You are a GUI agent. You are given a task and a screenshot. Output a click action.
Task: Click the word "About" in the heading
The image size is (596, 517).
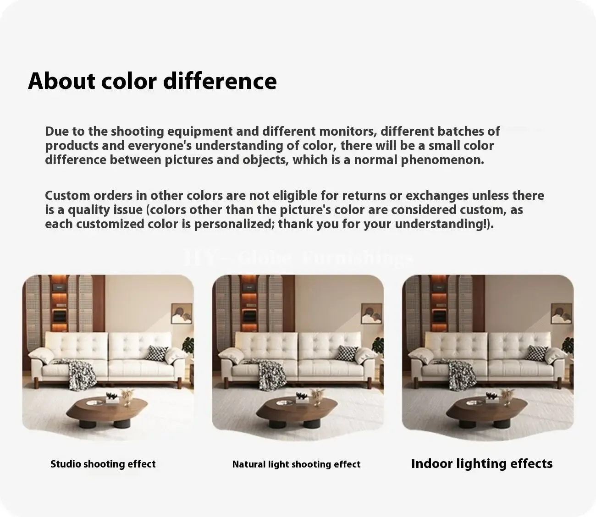[61, 81]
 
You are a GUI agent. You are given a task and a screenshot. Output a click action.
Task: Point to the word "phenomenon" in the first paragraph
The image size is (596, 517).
[442, 160]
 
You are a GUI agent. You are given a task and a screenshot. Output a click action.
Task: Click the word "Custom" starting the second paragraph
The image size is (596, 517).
[67, 196]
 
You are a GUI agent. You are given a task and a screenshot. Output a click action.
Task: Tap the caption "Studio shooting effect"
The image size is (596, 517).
[103, 464]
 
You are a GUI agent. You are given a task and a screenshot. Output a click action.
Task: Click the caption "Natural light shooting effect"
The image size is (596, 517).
[296, 464]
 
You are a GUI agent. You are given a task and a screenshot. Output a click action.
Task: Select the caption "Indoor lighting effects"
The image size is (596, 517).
[482, 464]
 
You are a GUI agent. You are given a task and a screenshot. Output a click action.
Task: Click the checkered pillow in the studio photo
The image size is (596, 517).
[157, 353]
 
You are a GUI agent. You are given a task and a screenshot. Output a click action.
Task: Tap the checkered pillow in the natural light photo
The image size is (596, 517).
[347, 353]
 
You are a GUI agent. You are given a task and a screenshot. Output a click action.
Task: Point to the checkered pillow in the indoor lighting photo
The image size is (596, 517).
[536, 353]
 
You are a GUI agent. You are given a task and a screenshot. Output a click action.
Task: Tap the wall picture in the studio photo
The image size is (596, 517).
[182, 313]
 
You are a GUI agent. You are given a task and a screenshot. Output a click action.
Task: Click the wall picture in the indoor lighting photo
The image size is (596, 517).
[562, 313]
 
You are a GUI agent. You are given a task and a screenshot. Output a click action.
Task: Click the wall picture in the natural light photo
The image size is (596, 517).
[371, 313]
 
